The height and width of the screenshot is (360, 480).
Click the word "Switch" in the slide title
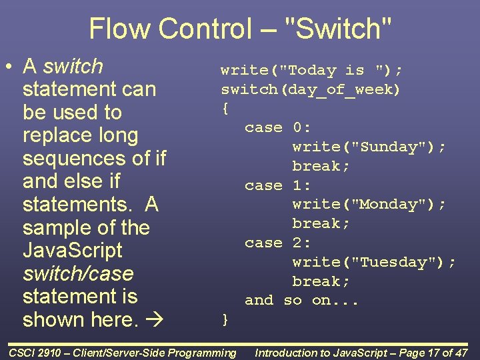338,29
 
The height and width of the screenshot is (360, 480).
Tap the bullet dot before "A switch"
9,67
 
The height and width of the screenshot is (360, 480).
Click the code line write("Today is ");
312,70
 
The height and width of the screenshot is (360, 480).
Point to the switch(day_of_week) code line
311,89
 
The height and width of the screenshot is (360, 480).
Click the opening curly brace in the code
225,107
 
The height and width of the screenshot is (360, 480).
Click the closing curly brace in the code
225,320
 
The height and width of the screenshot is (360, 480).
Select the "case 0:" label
278,127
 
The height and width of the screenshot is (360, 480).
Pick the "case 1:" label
278,185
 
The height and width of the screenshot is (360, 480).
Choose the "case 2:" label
278,243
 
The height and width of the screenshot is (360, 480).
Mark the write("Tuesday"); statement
374,262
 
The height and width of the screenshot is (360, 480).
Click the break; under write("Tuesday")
321,281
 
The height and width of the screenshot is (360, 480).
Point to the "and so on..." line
302,301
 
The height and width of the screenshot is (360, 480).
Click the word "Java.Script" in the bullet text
73,251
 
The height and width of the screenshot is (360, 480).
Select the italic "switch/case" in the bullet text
78,274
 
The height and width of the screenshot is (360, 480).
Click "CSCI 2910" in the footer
37,353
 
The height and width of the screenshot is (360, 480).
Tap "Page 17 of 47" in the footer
424,353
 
